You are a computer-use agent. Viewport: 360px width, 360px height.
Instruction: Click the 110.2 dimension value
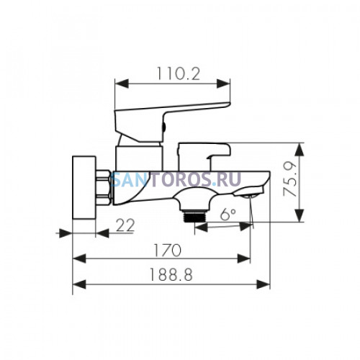click(x=179, y=73)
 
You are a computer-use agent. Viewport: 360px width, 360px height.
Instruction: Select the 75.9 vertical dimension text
click(x=290, y=179)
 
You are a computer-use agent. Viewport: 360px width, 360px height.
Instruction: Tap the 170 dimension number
click(x=167, y=251)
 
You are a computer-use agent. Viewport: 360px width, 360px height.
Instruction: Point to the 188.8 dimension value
click(x=171, y=274)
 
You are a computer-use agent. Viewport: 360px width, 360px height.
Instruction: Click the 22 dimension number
click(x=125, y=225)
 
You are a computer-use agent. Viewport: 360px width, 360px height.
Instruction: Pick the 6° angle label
click(x=228, y=215)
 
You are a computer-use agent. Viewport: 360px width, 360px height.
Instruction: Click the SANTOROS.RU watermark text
click(x=176, y=179)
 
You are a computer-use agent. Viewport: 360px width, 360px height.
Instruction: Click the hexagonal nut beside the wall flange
click(x=104, y=187)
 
